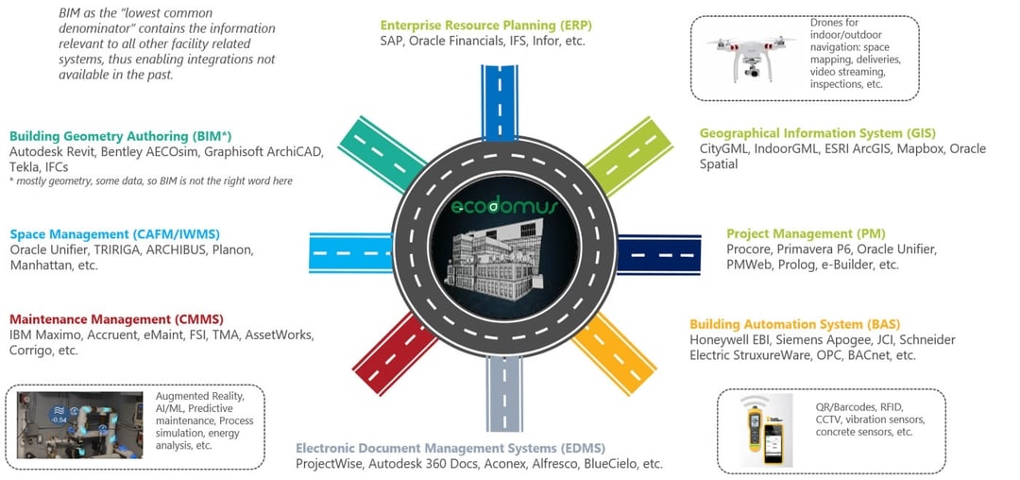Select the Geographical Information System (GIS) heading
pos(817,133)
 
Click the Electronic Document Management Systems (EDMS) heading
pos(450,448)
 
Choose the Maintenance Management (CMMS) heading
pos(116,319)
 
